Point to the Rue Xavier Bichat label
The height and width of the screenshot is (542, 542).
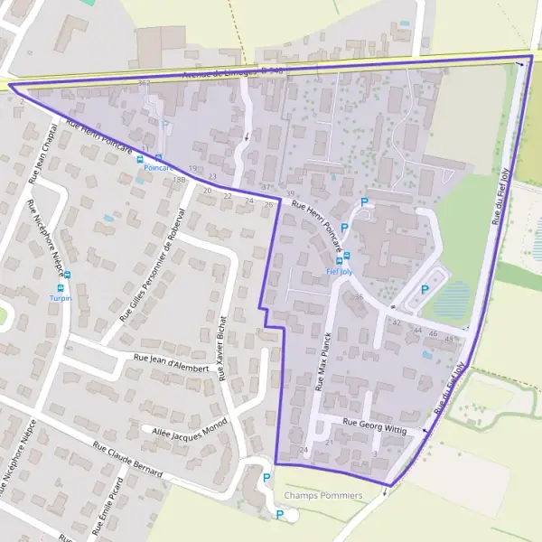point(223,347)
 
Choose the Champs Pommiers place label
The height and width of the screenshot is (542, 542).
point(322,496)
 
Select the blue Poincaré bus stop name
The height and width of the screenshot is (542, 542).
point(159,168)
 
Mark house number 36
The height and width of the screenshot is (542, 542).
point(359,297)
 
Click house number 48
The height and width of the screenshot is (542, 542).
point(450,337)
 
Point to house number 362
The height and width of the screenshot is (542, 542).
point(143,82)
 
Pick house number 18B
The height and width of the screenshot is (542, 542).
point(178,180)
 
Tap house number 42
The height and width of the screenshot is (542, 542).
point(396,322)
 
